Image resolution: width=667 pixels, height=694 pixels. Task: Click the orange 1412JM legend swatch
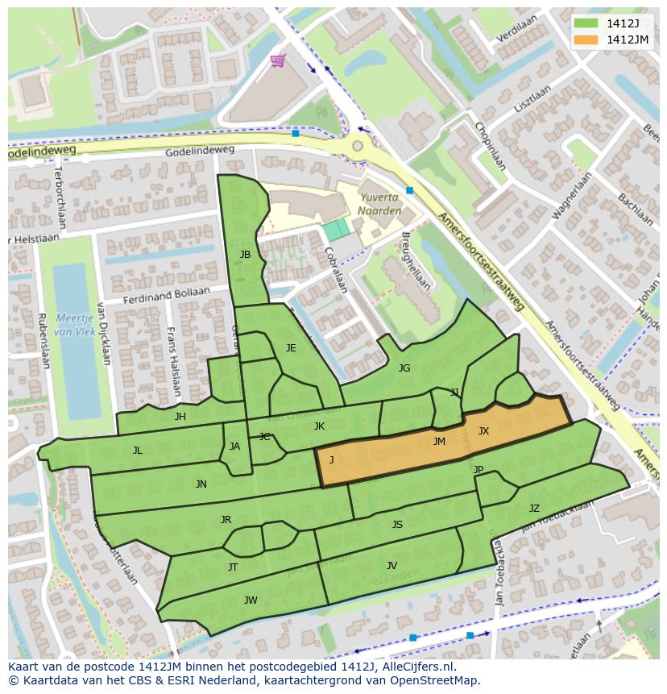tap(586, 39)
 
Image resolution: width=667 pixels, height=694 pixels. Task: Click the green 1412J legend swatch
tap(586, 23)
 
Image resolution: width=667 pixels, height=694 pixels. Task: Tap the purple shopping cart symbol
tap(278, 60)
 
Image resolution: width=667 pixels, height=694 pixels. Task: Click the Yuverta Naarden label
tap(379, 203)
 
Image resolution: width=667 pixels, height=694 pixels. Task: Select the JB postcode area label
tap(245, 255)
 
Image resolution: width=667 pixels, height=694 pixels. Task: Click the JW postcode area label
tap(251, 600)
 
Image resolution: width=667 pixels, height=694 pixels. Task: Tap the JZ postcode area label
tap(534, 508)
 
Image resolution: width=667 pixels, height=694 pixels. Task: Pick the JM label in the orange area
tap(439, 441)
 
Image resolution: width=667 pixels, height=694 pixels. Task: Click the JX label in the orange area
tap(483, 431)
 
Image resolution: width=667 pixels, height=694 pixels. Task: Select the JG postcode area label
tap(404, 368)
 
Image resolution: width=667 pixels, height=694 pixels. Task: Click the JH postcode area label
tap(180, 417)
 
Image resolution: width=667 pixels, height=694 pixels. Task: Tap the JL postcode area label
tap(138, 451)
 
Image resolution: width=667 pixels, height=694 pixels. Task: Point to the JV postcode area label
tap(391, 565)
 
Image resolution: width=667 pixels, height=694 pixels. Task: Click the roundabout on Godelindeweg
tap(357, 146)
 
